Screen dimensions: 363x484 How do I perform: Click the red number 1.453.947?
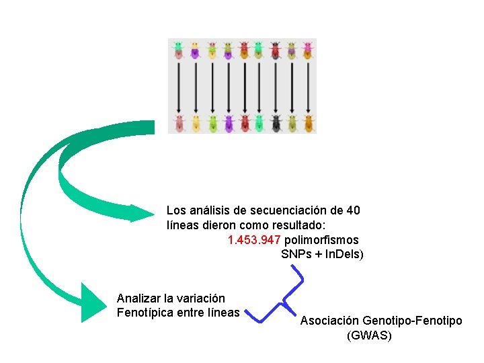[255, 240]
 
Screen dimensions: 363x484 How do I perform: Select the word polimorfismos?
[322, 240]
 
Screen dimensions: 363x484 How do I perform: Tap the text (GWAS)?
[369, 335]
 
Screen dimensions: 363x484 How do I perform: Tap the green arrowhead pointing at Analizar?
[94, 304]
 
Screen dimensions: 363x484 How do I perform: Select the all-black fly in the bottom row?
[276, 123]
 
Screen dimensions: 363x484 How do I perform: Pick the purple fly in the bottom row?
[228, 123]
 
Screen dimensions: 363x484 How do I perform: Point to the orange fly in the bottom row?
[309, 123]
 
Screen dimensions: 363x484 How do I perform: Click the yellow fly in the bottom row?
[196, 123]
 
